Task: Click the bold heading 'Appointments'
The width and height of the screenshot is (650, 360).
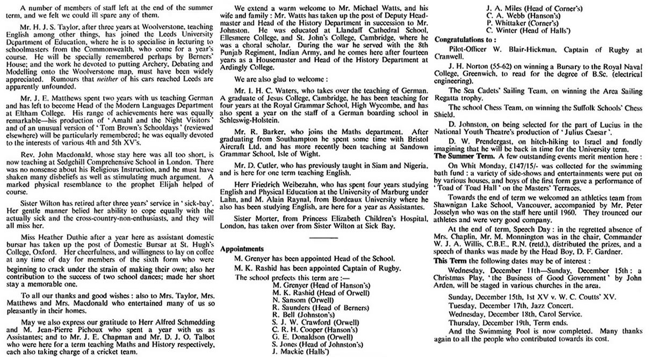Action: pyautogui.click(x=241, y=249)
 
